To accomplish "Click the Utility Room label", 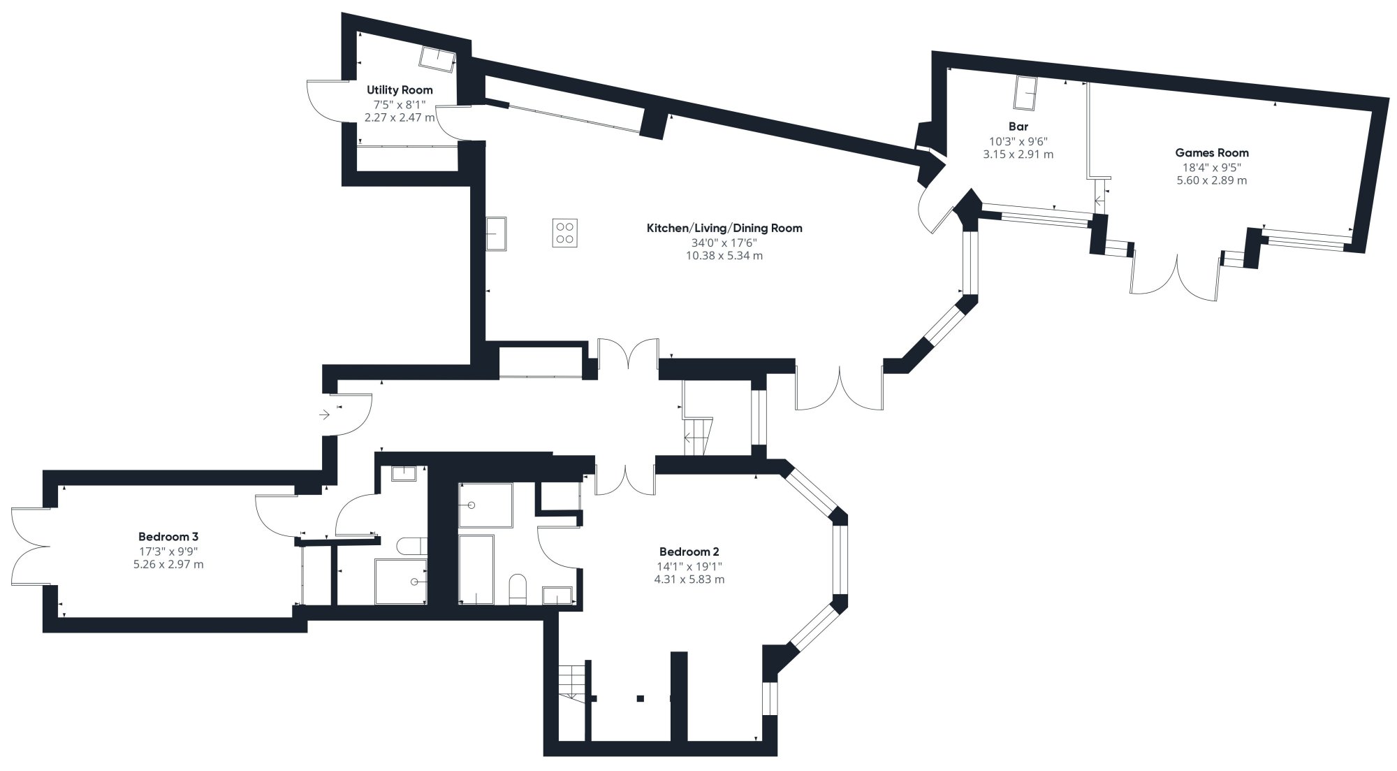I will pyautogui.click(x=400, y=89).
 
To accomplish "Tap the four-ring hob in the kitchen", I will pyautogui.click(x=565, y=233).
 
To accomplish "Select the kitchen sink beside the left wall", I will pyautogui.click(x=497, y=233).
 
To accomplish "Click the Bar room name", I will pyautogui.click(x=1018, y=127).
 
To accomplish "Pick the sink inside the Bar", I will pyautogui.click(x=1025, y=94).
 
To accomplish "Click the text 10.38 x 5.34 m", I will pyautogui.click(x=724, y=256).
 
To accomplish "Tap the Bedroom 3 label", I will pyautogui.click(x=168, y=537).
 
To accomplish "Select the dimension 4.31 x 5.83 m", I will pyautogui.click(x=690, y=579).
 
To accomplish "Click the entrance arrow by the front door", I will pyautogui.click(x=324, y=415).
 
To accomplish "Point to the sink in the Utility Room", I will pyautogui.click(x=438, y=59).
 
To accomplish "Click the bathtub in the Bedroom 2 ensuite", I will pyautogui.click(x=476, y=570).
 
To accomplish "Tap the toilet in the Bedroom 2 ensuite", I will pyautogui.click(x=518, y=589).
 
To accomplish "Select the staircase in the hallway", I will pyautogui.click(x=697, y=436).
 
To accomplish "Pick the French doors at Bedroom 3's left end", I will pyautogui.click(x=29, y=546).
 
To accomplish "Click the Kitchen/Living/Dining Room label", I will pyautogui.click(x=724, y=228).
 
